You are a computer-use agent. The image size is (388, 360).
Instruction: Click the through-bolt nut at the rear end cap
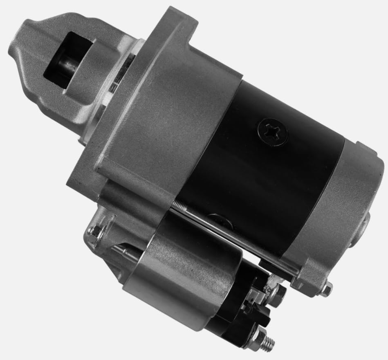click(326, 290)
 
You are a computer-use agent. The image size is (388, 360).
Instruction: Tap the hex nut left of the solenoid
click(95, 233)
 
